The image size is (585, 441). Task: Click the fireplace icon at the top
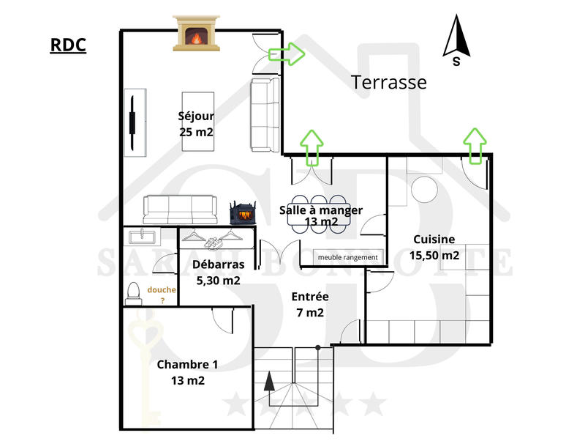click(196, 33)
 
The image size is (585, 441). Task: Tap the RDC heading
click(68, 45)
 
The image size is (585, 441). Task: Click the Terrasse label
click(389, 82)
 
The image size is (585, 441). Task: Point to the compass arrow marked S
click(456, 40)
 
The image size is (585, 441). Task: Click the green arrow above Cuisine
click(475, 144)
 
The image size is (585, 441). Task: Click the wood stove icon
click(244, 212)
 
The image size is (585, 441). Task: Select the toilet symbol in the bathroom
click(132, 294)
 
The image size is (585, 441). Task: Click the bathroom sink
click(143, 237)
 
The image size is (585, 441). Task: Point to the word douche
click(162, 290)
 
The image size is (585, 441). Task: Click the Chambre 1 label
click(187, 372)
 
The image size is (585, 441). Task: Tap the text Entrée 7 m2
click(310, 304)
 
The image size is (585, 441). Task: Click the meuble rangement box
click(348, 257)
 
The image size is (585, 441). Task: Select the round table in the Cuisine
click(423, 190)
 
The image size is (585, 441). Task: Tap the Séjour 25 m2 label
click(195, 124)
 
